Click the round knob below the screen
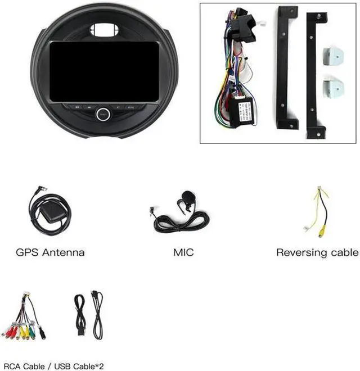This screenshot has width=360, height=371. [x=103, y=113]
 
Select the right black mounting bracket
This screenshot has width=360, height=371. [x=313, y=76]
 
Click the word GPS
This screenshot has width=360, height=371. [x=28, y=252]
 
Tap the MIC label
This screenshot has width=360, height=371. [x=183, y=252]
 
